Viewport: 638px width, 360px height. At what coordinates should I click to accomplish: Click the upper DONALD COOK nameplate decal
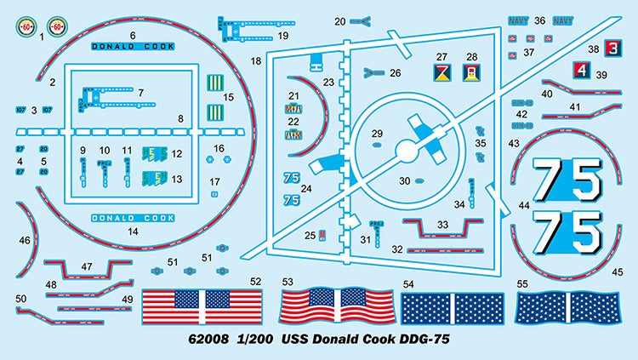point(133,48)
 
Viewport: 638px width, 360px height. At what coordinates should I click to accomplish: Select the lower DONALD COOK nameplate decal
point(133,219)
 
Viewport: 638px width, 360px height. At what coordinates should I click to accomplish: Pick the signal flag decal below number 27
point(441,72)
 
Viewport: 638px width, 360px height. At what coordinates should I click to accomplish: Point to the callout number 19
point(283,36)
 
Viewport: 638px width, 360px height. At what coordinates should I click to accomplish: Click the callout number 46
point(24,241)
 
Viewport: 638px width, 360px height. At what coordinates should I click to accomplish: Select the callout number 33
point(441,224)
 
